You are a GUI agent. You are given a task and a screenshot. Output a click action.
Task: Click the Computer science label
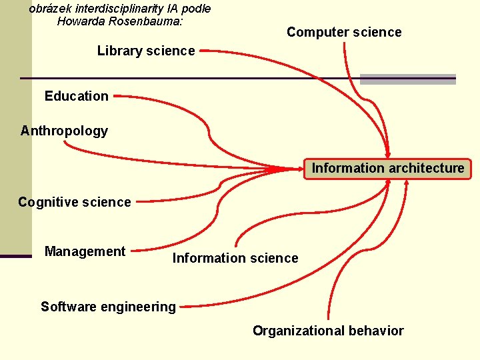pyautogui.click(x=344, y=32)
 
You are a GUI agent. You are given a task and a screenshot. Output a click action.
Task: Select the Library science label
pyautogui.click(x=146, y=51)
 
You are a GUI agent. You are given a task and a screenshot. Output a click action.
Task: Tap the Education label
pyautogui.click(x=76, y=96)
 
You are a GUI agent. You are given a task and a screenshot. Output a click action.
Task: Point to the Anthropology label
pyautogui.click(x=64, y=131)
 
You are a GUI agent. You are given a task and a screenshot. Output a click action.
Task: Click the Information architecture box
pyautogui.click(x=388, y=168)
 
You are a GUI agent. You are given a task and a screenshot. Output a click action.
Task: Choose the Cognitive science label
pyautogui.click(x=75, y=202)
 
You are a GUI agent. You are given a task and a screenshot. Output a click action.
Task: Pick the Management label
pyautogui.click(x=85, y=251)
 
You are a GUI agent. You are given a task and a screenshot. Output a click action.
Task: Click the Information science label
pyautogui.click(x=235, y=258)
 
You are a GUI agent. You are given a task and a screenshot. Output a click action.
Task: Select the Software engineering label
pyautogui.click(x=108, y=307)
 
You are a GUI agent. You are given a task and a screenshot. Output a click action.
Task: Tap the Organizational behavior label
pyautogui.click(x=328, y=331)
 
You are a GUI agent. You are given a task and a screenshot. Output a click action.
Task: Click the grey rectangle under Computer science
pyautogui.click(x=408, y=79)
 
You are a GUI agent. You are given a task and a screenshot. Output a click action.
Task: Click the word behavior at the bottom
pyautogui.click(x=378, y=331)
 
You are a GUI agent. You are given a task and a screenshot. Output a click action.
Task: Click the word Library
pyautogui.click(x=117, y=51)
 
